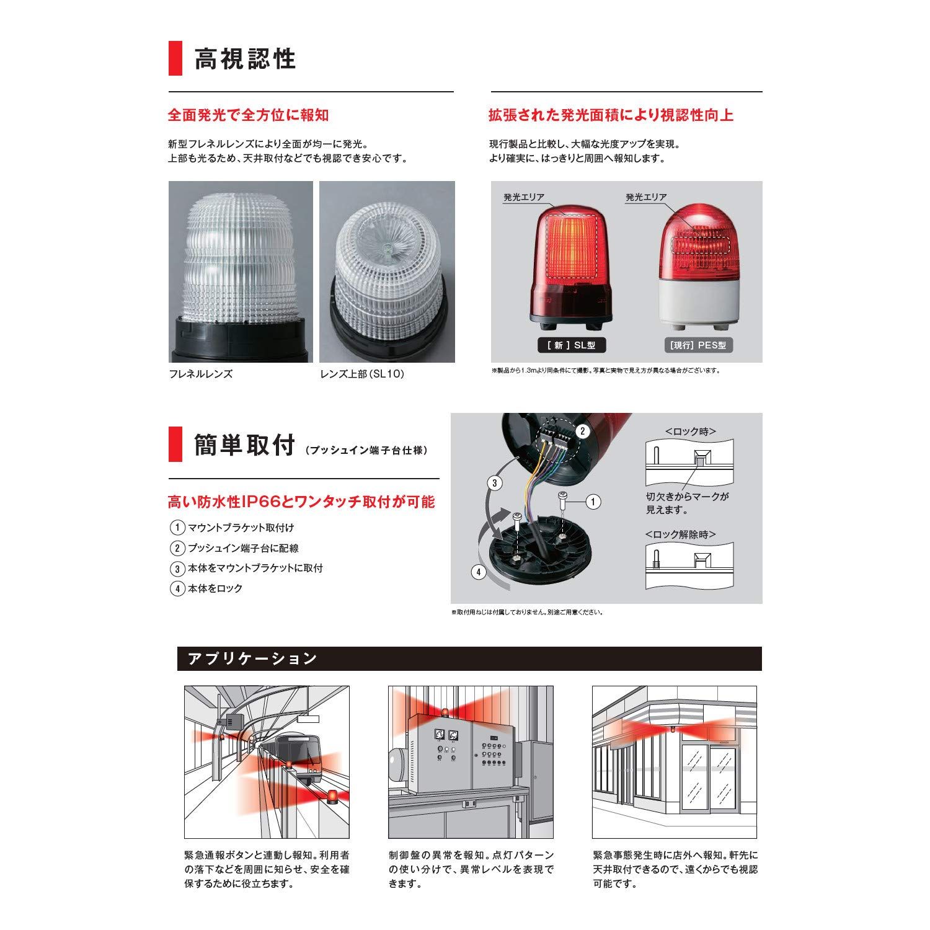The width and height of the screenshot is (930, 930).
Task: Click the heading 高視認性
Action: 245,59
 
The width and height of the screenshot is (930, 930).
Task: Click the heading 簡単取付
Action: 244,446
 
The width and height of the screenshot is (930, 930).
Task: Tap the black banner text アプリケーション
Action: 252,658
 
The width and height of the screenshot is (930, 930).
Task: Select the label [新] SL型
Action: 571,345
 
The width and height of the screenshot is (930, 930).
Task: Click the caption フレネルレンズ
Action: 201,374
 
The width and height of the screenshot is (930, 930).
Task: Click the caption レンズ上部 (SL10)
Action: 362,374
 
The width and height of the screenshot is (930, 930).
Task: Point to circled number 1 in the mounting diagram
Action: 593,501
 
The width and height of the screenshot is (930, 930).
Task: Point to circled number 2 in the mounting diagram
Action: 583,431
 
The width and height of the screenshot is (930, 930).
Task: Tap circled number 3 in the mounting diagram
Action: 494,483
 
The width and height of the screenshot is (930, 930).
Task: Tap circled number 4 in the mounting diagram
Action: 479,572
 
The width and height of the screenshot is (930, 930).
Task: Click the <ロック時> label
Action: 690,431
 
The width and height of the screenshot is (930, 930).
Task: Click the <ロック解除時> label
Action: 681,534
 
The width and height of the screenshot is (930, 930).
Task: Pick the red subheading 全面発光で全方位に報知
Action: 248,115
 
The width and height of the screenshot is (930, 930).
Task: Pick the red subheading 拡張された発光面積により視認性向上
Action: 611,115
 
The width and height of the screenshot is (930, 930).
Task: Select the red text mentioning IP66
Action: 301,501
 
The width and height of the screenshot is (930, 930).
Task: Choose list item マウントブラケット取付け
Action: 241,528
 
